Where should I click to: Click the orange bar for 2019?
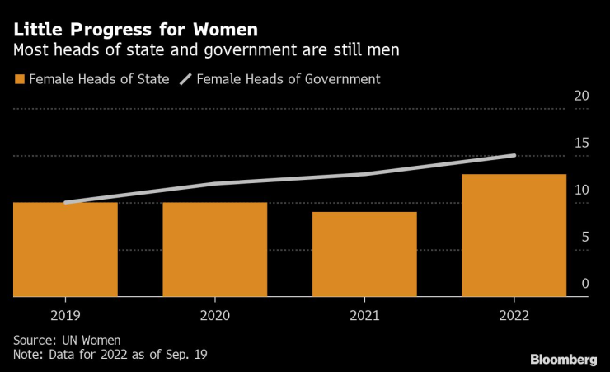pyautogui.click(x=65, y=249)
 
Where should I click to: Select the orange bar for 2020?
pyautogui.click(x=214, y=249)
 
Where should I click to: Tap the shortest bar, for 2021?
pyautogui.click(x=364, y=254)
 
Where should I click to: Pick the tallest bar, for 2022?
pyautogui.click(x=514, y=235)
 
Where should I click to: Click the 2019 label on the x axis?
pyautogui.click(x=65, y=315)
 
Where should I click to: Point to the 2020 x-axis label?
pyautogui.click(x=214, y=315)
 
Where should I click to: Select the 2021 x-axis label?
pyautogui.click(x=364, y=315)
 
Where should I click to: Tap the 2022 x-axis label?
pyautogui.click(x=514, y=315)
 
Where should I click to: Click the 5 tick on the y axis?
pyautogui.click(x=584, y=237)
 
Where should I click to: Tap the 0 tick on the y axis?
pyautogui.click(x=584, y=284)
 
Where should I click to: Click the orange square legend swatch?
pyautogui.click(x=18, y=79)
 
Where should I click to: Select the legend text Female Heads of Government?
pyautogui.click(x=289, y=79)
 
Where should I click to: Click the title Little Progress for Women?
pyautogui.click(x=134, y=30)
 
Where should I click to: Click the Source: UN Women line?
pyautogui.click(x=67, y=340)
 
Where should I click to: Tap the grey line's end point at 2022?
pyautogui.click(x=514, y=155)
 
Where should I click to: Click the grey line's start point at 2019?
pyautogui.click(x=65, y=202)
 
